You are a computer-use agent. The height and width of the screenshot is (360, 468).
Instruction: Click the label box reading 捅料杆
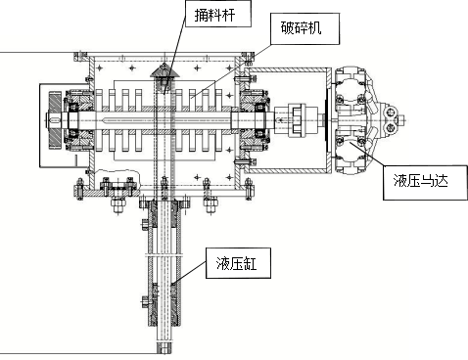point(218,14)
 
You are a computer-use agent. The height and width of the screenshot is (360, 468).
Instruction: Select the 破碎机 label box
point(304,28)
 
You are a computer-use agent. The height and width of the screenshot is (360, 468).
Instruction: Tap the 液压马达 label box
point(425,182)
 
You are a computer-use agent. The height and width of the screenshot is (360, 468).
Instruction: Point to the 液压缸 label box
point(238,263)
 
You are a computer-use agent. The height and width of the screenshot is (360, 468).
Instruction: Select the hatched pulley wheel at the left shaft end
point(55,120)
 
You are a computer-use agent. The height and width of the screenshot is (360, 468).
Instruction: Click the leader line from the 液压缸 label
point(189,273)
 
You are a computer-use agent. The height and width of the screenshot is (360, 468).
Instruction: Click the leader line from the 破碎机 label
point(231,70)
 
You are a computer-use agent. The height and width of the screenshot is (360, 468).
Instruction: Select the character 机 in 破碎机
point(315,28)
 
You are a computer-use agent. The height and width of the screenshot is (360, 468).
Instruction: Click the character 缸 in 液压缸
point(251,263)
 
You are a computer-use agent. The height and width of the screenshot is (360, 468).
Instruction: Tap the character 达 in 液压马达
point(442,180)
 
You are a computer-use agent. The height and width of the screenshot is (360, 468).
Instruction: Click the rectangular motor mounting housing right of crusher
point(288,120)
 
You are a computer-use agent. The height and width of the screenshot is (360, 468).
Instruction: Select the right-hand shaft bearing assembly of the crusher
point(256,120)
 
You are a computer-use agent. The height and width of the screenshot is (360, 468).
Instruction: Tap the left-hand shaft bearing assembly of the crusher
point(79,120)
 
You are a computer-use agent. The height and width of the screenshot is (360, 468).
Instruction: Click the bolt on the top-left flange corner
point(79,57)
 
